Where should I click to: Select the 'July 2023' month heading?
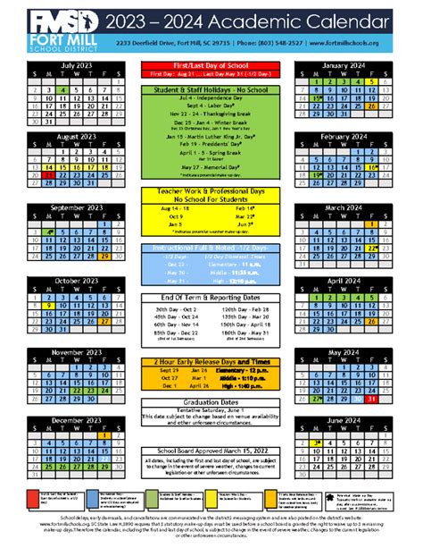point(79,65)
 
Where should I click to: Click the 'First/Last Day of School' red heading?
point(211,67)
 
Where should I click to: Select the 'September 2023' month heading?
point(79,207)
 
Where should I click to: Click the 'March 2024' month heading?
point(344,207)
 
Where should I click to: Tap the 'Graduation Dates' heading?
point(211,402)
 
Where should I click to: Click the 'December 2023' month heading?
point(79,419)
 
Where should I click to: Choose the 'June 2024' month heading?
point(344,419)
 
